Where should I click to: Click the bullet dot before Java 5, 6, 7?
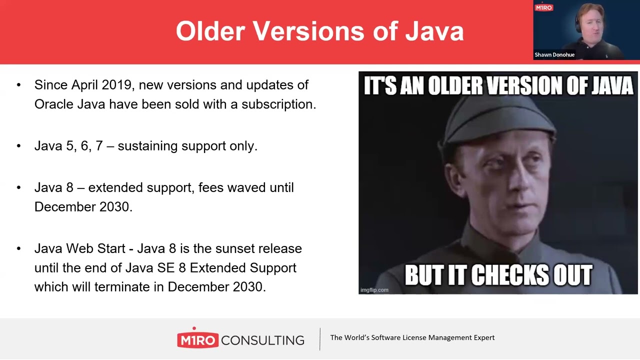pyautogui.click(x=19, y=146)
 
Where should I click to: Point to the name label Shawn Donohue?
pyautogui.click(x=554, y=55)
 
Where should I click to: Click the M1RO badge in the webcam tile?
pyautogui.click(x=543, y=8)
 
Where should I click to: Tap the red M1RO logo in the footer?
pyautogui.click(x=197, y=340)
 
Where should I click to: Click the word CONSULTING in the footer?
pyautogui.click(x=262, y=340)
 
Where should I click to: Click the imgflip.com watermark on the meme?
pyautogui.click(x=374, y=289)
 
